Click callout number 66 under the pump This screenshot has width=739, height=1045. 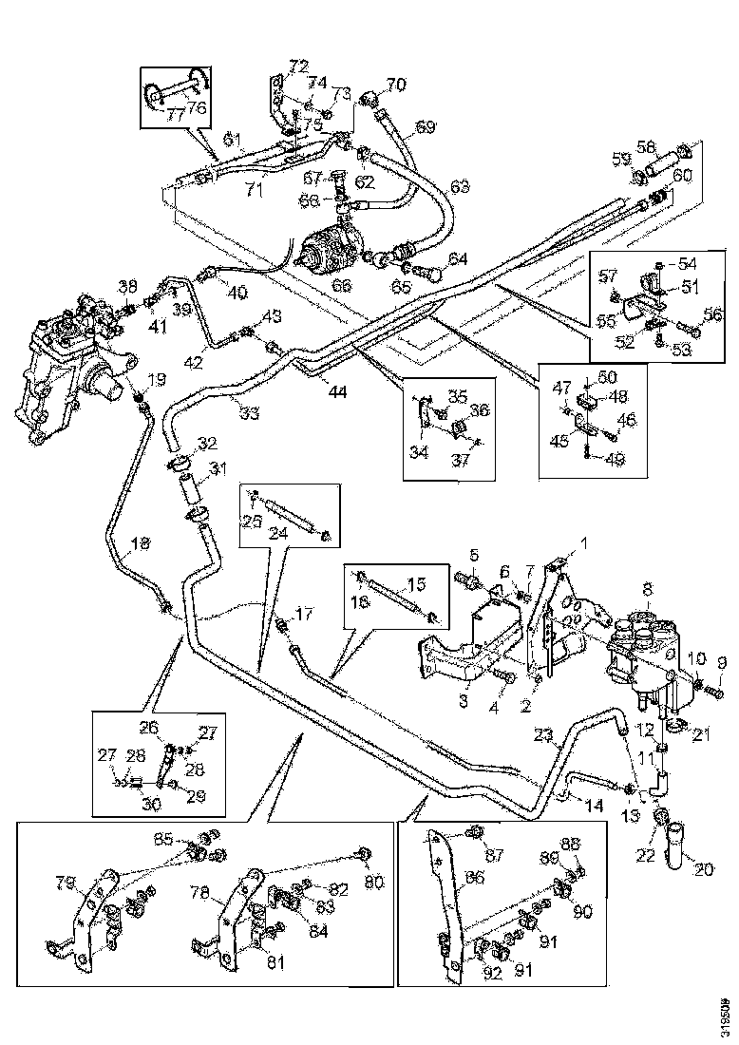click(341, 285)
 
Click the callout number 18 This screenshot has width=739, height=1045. click(141, 544)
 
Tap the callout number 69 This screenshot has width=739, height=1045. click(426, 126)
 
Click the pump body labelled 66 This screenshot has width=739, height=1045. click(332, 249)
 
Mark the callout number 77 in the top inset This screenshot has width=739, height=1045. click(174, 115)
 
